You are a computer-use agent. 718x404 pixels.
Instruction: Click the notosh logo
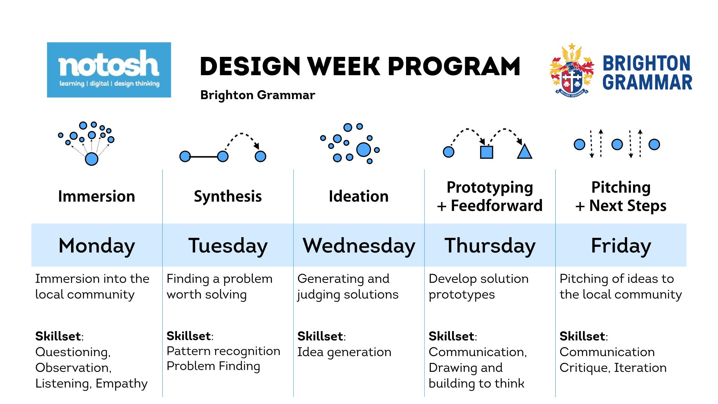(x=109, y=70)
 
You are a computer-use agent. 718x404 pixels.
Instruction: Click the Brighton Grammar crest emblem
(x=572, y=70)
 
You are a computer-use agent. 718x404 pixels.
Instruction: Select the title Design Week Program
(x=360, y=67)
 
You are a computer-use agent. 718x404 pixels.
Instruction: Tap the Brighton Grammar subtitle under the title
(x=258, y=95)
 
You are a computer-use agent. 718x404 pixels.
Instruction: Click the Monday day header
(x=97, y=246)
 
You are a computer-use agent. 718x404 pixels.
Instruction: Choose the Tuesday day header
(x=228, y=246)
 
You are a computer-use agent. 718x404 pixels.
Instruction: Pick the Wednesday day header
(x=359, y=246)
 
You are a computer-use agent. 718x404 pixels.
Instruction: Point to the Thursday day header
(x=490, y=246)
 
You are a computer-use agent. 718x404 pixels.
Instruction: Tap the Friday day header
(x=621, y=246)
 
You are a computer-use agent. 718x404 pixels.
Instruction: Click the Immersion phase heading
(x=96, y=196)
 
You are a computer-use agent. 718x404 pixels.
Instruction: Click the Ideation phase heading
(x=359, y=196)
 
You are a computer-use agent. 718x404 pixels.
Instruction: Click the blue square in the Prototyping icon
(x=487, y=152)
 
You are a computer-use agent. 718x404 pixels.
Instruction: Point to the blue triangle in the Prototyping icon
(x=524, y=152)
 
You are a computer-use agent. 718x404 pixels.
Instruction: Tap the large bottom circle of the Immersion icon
(x=92, y=159)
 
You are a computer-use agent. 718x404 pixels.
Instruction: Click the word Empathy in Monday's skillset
(x=122, y=384)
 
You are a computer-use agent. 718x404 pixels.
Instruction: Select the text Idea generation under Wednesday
(x=344, y=352)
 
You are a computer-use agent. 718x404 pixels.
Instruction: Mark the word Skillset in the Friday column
(x=582, y=336)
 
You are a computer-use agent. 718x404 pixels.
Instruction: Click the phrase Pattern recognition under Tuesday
(x=223, y=352)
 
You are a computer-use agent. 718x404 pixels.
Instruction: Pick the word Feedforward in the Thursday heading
(x=497, y=206)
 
